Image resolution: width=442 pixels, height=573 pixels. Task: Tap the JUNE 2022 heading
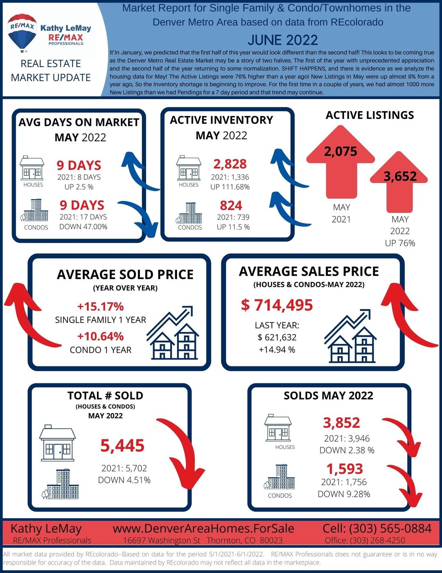(x=283, y=40)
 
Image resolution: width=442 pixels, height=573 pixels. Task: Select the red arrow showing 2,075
(x=341, y=161)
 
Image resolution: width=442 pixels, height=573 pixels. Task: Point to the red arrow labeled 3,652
(x=399, y=182)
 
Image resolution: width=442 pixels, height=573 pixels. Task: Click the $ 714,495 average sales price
(x=277, y=305)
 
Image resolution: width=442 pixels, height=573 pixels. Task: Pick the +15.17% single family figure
(x=100, y=307)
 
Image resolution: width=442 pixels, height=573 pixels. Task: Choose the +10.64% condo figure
(x=100, y=336)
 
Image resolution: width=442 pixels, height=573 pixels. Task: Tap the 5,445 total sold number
(x=122, y=446)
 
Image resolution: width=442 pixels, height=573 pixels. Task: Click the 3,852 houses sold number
(x=341, y=423)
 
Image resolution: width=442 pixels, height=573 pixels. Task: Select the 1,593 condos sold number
(x=345, y=468)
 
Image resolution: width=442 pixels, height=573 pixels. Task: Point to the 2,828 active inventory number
(x=230, y=164)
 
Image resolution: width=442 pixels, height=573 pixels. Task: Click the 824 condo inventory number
(x=231, y=205)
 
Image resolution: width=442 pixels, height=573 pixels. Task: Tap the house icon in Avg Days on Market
(x=32, y=168)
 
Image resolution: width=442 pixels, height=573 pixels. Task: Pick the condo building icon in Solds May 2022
(x=279, y=477)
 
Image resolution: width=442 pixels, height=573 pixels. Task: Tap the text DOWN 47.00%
(x=83, y=227)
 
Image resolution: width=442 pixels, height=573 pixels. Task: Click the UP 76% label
(x=400, y=243)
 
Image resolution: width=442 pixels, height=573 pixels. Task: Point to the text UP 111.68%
(x=230, y=187)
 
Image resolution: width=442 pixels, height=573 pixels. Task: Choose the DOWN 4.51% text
(x=124, y=480)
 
